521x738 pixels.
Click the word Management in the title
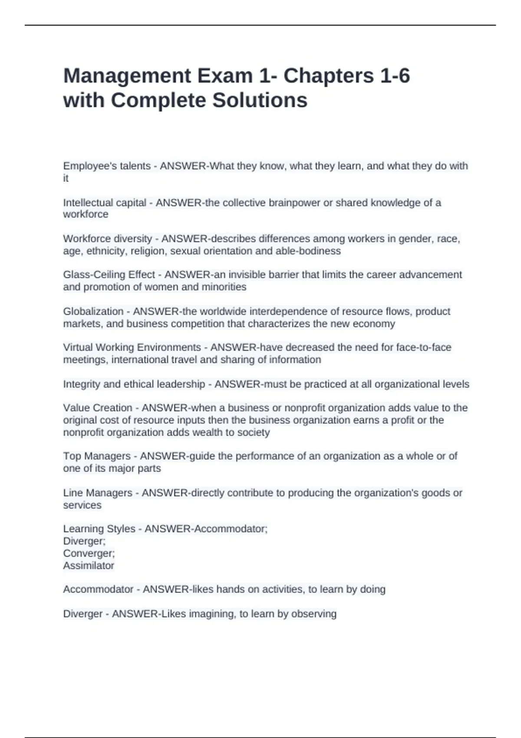click(127, 76)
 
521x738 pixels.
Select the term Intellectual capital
click(104, 203)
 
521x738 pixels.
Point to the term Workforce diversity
click(107, 239)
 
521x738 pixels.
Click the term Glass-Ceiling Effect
click(109, 275)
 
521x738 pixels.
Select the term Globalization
click(93, 311)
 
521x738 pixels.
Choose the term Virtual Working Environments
click(132, 347)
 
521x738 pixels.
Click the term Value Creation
click(97, 408)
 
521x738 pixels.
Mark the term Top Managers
click(96, 456)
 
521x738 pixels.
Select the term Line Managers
click(97, 493)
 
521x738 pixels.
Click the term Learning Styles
click(99, 529)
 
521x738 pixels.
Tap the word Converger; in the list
click(89, 553)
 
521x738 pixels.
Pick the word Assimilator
click(89, 566)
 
